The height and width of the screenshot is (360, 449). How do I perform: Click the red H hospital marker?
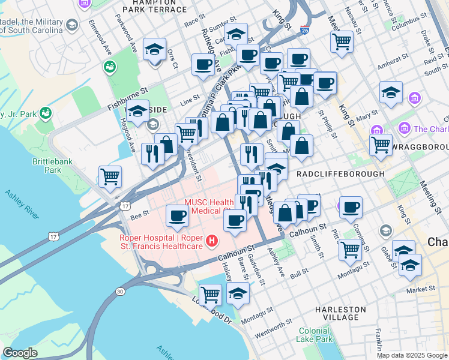[x=211, y=241]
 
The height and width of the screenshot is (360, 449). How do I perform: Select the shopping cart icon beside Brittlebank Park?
[x=110, y=176]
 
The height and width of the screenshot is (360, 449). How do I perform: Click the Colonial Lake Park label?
[x=315, y=335]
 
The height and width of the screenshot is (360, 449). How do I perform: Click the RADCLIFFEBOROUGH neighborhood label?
[x=340, y=173]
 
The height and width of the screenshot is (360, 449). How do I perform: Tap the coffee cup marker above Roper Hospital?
[x=176, y=216]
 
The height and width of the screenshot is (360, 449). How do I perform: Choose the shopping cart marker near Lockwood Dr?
[x=211, y=294]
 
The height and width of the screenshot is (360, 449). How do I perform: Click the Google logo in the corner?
[x=20, y=353]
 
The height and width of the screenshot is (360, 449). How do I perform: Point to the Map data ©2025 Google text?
[x=412, y=355]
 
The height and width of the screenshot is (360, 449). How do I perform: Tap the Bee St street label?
[x=139, y=212]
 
